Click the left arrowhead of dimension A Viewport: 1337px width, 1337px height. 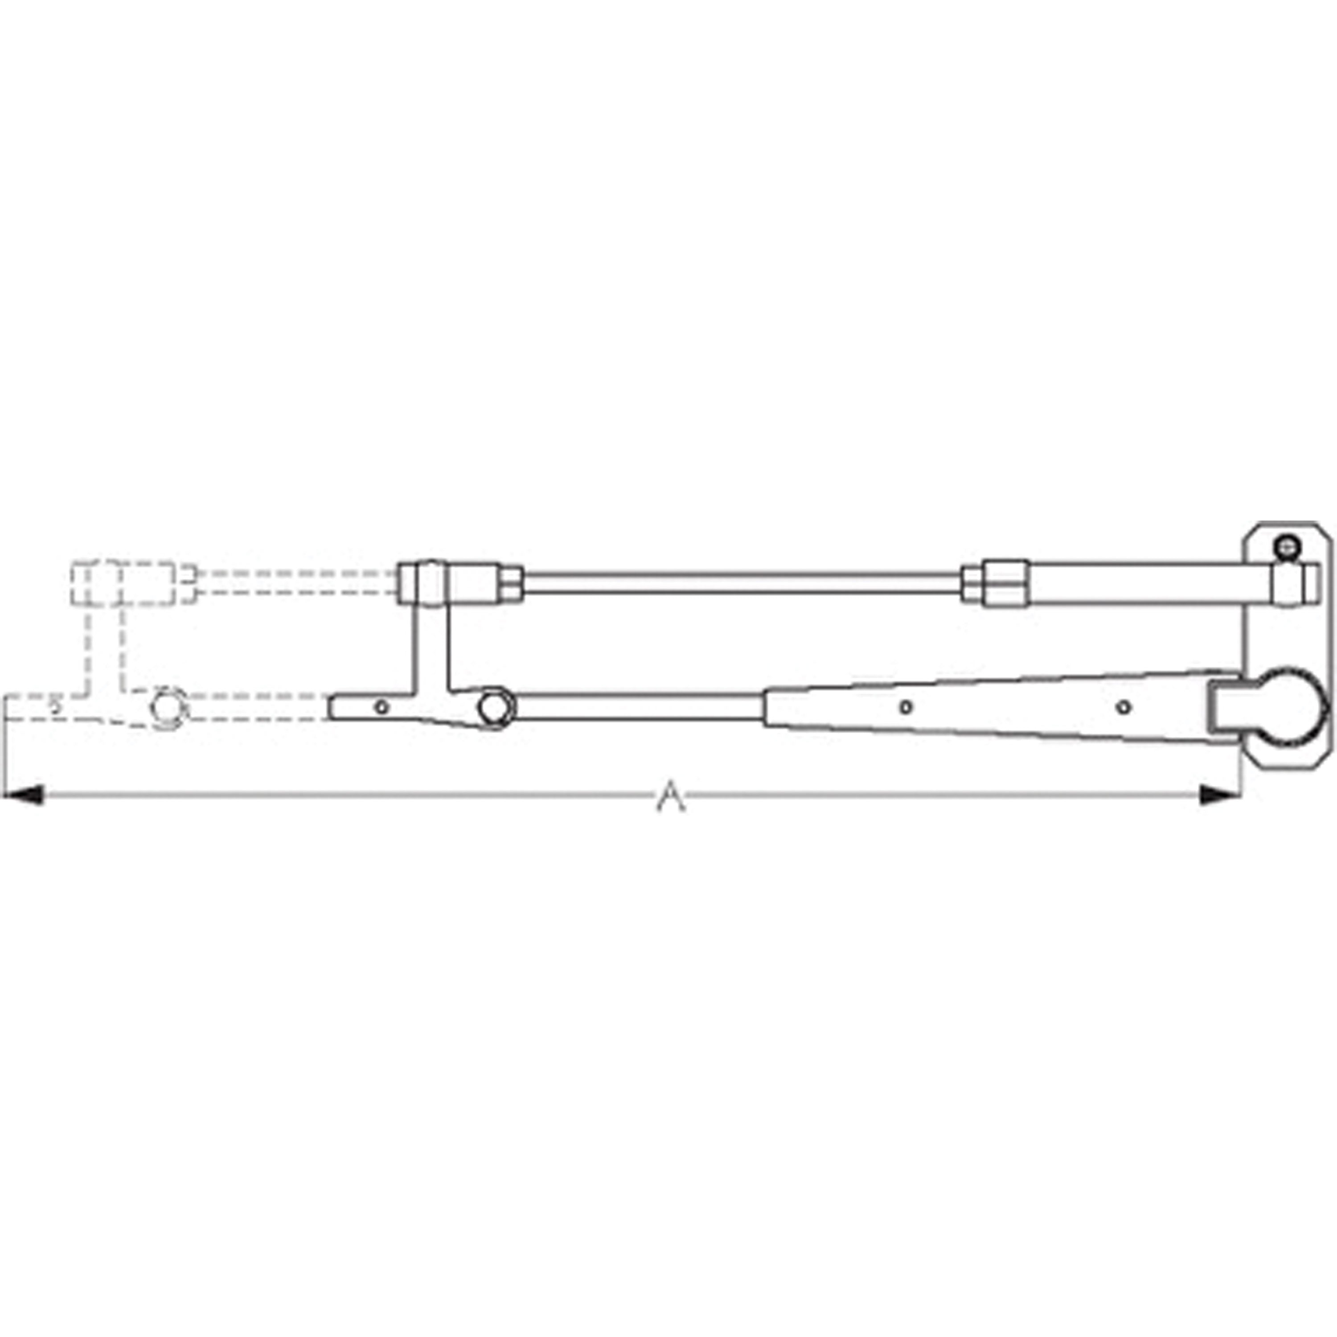point(24,795)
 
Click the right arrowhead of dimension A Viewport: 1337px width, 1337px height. point(1219,795)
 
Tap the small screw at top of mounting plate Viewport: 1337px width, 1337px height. point(1288,549)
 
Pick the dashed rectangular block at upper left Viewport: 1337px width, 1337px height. point(123,582)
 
